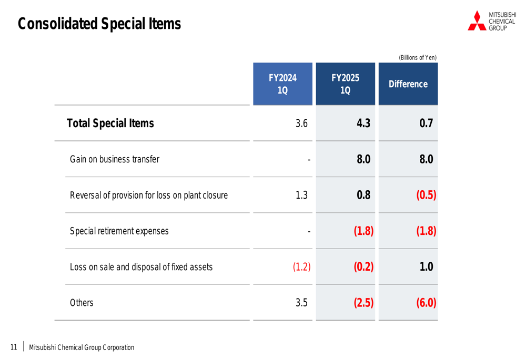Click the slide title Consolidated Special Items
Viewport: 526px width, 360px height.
click(x=99, y=24)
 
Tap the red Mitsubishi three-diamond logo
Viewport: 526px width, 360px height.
click(x=477, y=21)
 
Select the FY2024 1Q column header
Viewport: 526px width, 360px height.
click(x=282, y=84)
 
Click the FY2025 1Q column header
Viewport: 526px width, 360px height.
click(x=345, y=84)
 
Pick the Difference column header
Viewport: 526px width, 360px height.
click(x=408, y=84)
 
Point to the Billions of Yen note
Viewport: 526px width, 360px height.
click(x=418, y=58)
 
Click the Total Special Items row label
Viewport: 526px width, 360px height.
click(x=110, y=124)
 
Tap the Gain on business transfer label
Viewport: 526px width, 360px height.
click(x=115, y=159)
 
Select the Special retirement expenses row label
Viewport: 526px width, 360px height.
click(x=119, y=231)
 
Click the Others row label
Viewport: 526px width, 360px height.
click(x=82, y=303)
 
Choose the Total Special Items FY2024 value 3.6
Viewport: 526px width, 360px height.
click(x=301, y=124)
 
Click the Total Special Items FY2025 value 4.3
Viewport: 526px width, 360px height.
click(x=363, y=124)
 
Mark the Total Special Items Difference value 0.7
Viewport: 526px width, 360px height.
click(x=426, y=124)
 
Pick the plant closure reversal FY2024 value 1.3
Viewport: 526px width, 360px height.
click(x=301, y=196)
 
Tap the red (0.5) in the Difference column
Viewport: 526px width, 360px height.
click(x=426, y=196)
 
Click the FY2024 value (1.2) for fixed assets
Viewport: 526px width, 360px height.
click(x=301, y=267)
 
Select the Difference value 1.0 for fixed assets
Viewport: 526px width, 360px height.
click(x=426, y=267)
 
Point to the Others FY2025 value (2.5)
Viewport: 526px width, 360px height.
click(x=363, y=303)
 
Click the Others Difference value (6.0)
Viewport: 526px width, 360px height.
click(x=426, y=303)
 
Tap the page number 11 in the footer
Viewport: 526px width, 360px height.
click(x=14, y=347)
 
